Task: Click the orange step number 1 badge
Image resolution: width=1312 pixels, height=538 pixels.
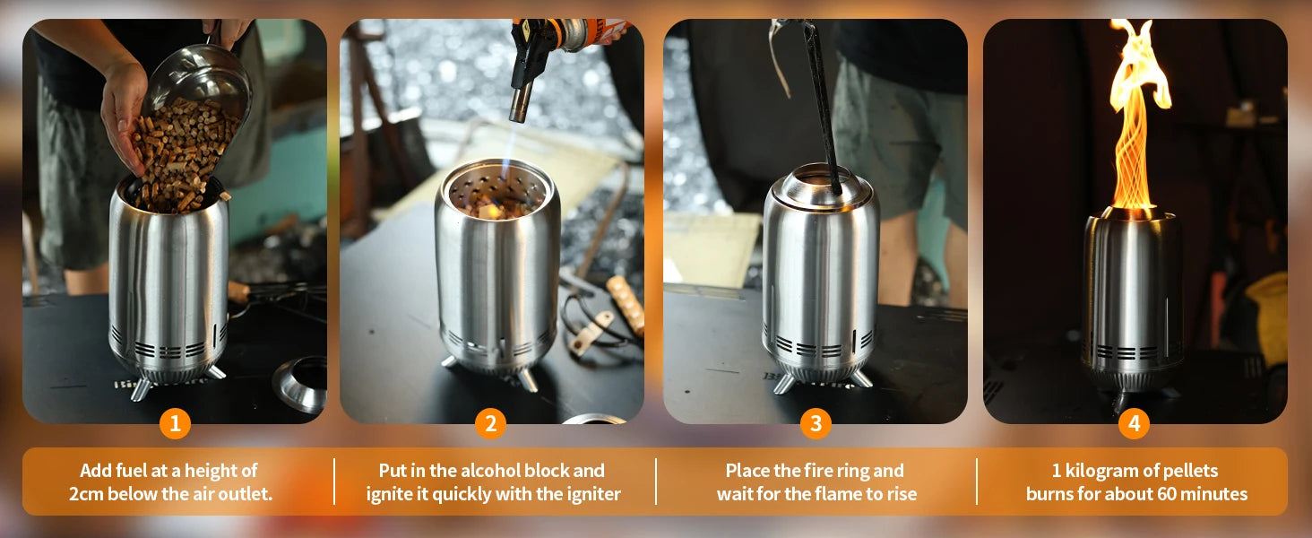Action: tap(175, 422)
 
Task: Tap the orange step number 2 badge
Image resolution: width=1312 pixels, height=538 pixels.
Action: tap(491, 422)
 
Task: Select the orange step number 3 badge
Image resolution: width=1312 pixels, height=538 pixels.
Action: tap(816, 422)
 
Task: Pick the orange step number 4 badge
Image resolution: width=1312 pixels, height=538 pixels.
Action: tap(1134, 422)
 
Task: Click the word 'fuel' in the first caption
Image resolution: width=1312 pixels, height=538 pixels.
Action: tap(131, 471)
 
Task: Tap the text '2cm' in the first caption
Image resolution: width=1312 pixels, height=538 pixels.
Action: tap(86, 494)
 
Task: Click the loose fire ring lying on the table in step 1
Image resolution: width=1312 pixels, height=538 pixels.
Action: tap(300, 384)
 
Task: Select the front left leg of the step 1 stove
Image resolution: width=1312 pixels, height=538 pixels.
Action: tap(142, 390)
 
